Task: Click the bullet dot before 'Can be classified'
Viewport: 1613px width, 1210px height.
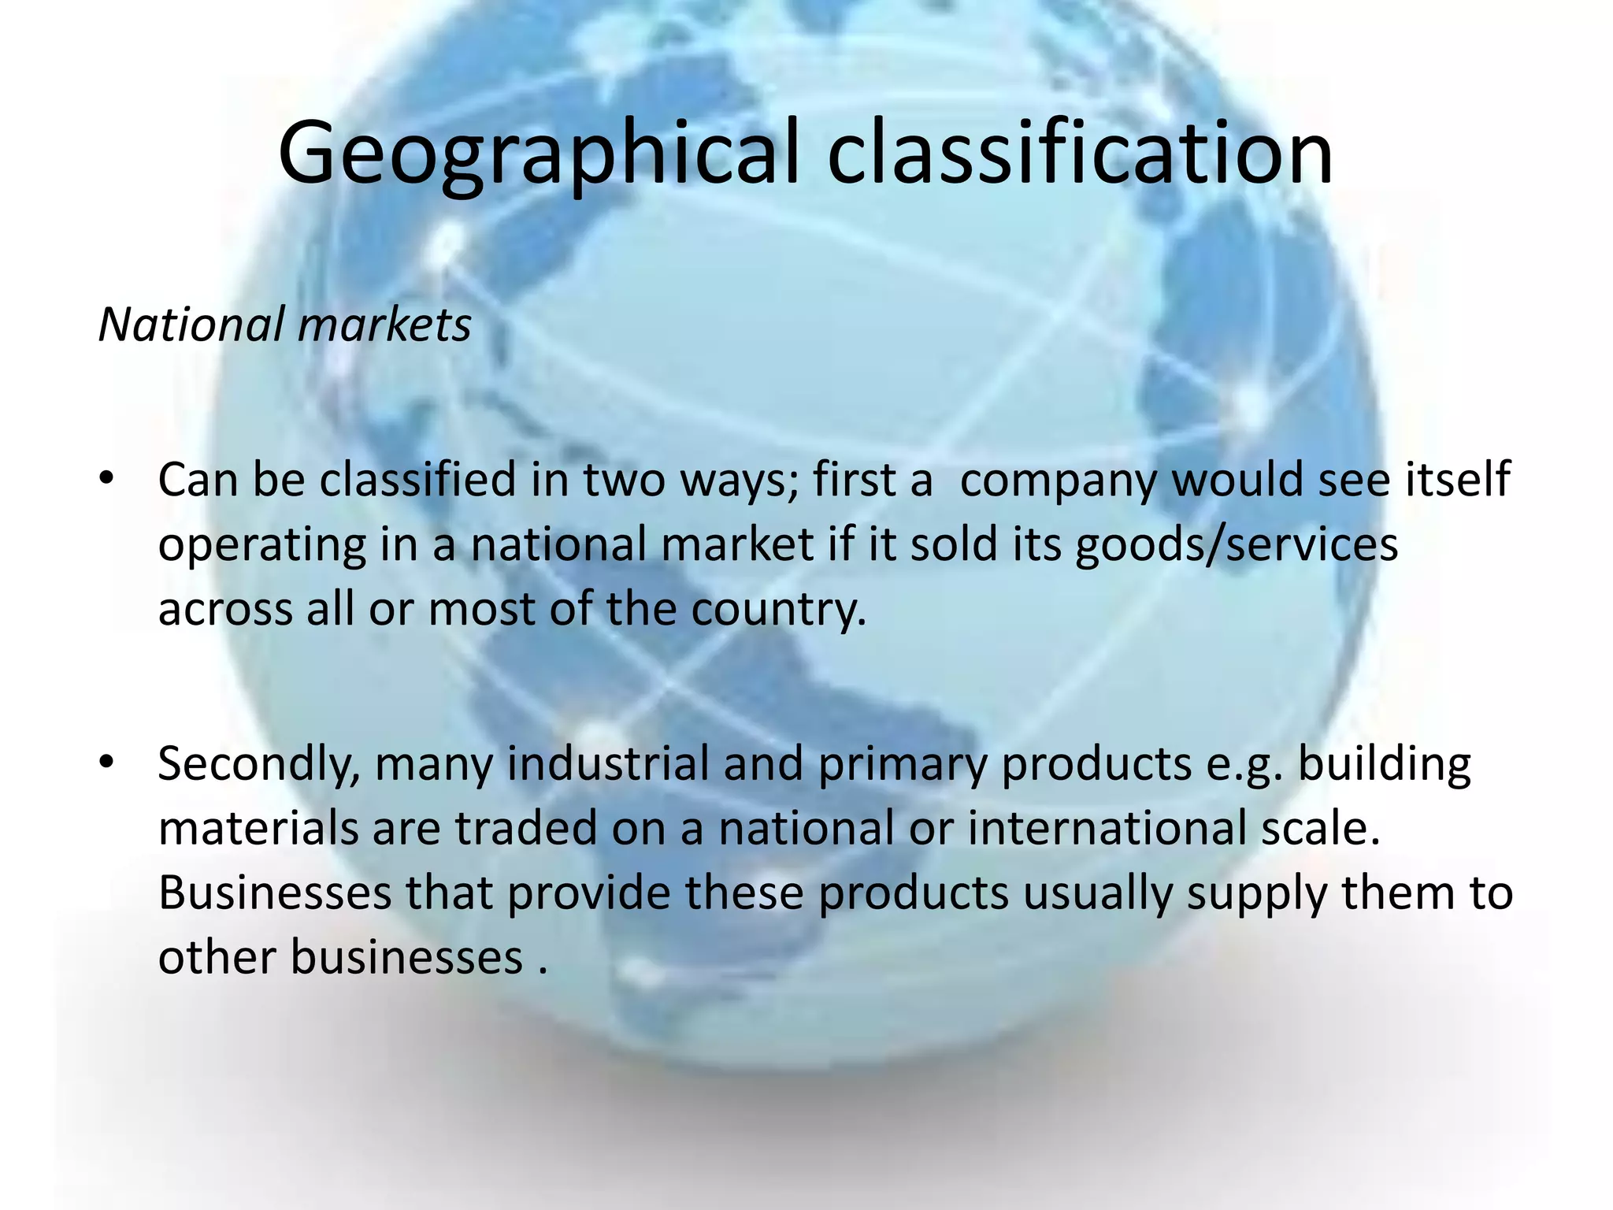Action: click(x=107, y=478)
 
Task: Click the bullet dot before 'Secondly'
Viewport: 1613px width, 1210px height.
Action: click(x=107, y=763)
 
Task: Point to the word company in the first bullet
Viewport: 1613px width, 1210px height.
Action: click(x=1059, y=481)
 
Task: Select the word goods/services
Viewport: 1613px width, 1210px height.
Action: click(x=1237, y=545)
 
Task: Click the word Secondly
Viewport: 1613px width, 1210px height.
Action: click(x=259, y=765)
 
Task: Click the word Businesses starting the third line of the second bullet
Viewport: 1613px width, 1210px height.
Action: click(x=275, y=893)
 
